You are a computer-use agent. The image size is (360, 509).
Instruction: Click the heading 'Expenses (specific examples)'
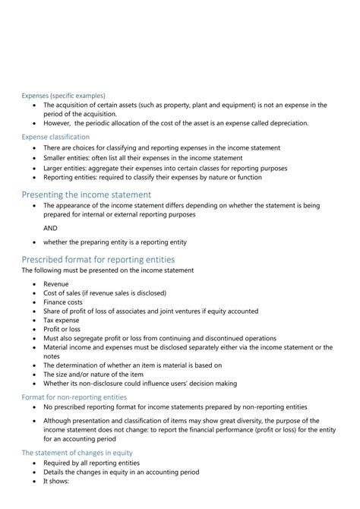(x=64, y=96)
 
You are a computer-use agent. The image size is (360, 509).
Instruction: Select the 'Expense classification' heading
(x=57, y=137)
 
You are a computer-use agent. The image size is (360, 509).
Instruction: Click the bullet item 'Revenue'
(x=56, y=283)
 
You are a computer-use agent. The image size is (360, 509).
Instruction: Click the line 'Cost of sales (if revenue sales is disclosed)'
(x=105, y=292)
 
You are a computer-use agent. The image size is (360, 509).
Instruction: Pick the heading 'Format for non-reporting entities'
(x=74, y=397)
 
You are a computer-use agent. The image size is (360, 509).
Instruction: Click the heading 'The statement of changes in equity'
(x=77, y=453)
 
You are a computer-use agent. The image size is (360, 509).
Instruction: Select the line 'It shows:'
(x=57, y=481)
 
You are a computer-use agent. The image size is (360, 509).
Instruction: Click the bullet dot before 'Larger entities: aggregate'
(x=35, y=168)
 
